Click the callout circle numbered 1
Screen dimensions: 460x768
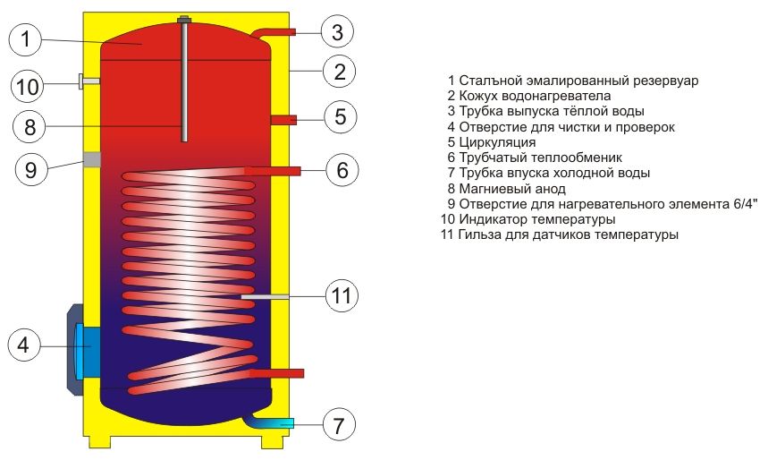tap(29, 39)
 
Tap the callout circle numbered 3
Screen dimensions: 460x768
tap(336, 33)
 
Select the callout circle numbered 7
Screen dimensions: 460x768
tap(337, 424)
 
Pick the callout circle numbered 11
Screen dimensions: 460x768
tap(340, 295)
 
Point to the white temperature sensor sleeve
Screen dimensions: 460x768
tap(265, 295)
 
